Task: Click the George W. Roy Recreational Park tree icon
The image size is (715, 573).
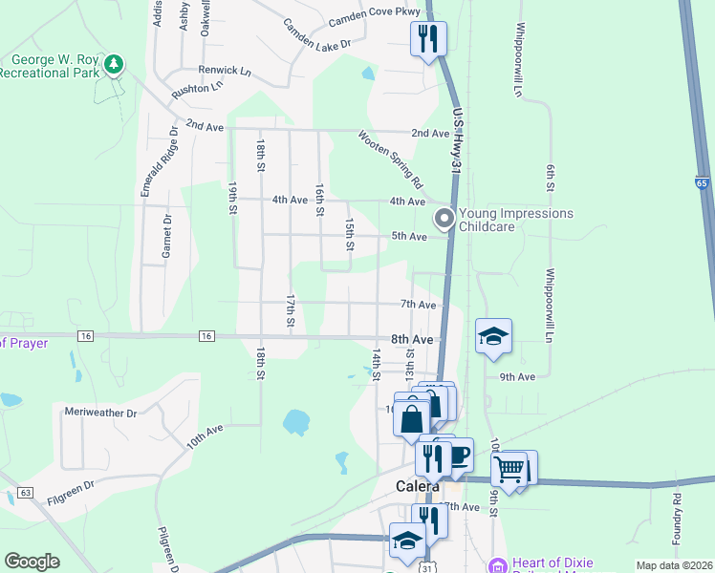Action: [x=115, y=64]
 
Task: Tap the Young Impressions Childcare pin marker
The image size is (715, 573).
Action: [x=444, y=219]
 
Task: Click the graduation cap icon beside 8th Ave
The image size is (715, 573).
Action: [x=493, y=336]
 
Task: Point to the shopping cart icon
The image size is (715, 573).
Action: [x=509, y=469]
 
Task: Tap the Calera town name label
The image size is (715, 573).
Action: [x=417, y=486]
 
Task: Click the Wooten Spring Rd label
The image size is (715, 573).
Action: [x=390, y=159]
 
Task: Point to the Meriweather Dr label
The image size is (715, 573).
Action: [x=100, y=413]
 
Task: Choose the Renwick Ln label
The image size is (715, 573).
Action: [x=224, y=70]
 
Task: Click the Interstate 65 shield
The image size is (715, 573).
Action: [x=702, y=183]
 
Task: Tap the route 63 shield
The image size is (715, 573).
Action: [x=24, y=492]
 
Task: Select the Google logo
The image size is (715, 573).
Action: [x=32, y=562]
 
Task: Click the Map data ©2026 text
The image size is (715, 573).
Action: [x=673, y=565]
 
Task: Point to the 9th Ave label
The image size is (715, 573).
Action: [x=517, y=377]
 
